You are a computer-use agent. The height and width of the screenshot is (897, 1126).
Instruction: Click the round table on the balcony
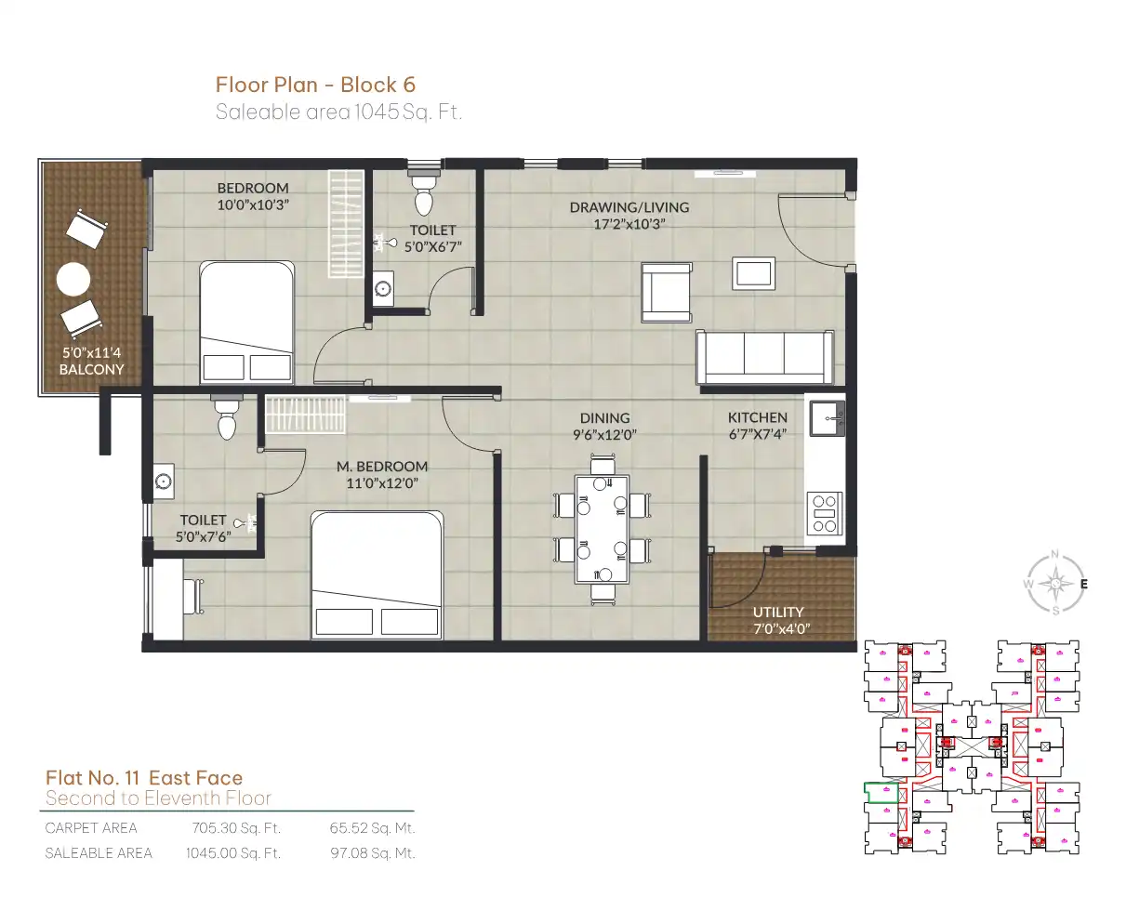(x=73, y=279)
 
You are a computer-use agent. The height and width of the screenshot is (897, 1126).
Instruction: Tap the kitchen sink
(x=827, y=418)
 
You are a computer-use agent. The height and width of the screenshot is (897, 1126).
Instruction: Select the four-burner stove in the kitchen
(x=825, y=513)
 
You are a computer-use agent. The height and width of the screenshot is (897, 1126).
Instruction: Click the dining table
(x=602, y=529)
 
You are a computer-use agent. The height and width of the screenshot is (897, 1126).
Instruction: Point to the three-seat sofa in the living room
(x=765, y=358)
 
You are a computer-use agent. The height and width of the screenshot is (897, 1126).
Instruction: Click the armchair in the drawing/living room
(x=667, y=293)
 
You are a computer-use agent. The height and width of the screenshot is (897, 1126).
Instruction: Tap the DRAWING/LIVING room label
(x=629, y=207)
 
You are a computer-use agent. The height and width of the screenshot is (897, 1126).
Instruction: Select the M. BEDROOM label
(x=382, y=466)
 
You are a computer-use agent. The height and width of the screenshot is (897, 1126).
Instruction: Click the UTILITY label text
(x=778, y=612)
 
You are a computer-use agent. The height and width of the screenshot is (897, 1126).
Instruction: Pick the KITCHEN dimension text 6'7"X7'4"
(x=757, y=434)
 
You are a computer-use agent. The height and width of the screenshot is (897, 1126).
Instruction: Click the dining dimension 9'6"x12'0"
(x=605, y=435)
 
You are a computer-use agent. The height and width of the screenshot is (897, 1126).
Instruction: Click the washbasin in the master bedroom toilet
(x=164, y=481)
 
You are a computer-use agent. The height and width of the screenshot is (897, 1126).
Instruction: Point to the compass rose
(x=1054, y=583)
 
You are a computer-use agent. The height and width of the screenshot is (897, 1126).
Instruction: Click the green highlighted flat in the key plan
(x=881, y=792)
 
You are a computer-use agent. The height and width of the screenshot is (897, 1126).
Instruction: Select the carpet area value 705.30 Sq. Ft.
(x=236, y=828)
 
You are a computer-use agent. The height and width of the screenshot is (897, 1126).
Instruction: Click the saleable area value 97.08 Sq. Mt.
(x=373, y=853)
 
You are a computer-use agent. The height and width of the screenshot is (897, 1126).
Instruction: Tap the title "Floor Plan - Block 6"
(x=315, y=85)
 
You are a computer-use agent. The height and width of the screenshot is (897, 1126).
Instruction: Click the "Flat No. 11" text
(x=93, y=778)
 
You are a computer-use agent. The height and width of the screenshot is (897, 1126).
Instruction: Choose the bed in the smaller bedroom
(x=246, y=323)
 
